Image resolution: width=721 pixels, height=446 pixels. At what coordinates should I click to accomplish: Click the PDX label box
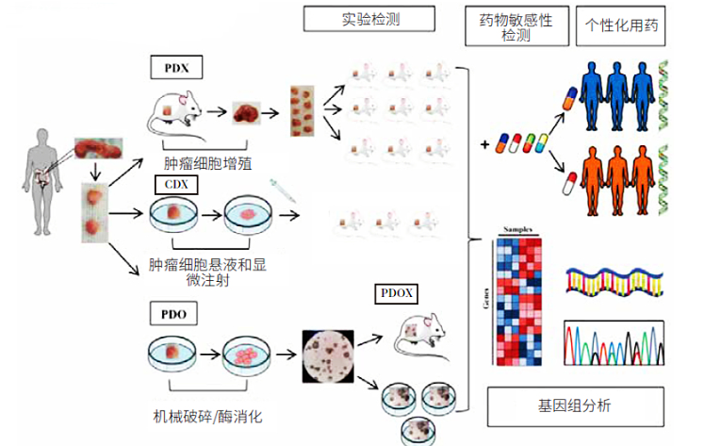[177, 69]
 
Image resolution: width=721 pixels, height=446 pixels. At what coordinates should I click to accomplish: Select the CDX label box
[175, 183]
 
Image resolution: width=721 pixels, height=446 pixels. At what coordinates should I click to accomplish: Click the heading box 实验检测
[355, 19]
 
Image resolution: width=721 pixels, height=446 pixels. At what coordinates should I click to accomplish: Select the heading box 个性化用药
[620, 25]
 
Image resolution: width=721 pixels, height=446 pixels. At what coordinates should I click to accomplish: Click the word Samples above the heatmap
[521, 229]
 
